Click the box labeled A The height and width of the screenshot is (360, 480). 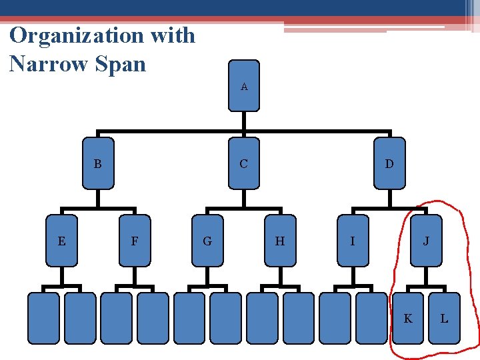(244, 85)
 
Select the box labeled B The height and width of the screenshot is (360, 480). (97, 163)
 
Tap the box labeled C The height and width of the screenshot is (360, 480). (244, 163)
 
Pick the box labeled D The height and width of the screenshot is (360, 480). (389, 163)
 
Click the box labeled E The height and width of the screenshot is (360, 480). (61, 241)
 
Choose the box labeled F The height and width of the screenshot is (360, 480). (135, 241)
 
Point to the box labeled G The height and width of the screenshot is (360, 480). (207, 241)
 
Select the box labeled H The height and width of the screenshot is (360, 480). (280, 241)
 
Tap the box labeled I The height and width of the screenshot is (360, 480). (353, 241)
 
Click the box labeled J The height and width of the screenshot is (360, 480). (426, 241)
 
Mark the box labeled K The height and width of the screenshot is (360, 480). (408, 318)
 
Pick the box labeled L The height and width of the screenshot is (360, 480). (444, 318)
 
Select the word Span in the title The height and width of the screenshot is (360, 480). (120, 65)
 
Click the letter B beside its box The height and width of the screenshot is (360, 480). (97, 163)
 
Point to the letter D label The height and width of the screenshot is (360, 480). (389, 163)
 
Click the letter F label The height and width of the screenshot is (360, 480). (135, 241)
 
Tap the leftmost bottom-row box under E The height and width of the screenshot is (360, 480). (43, 317)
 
